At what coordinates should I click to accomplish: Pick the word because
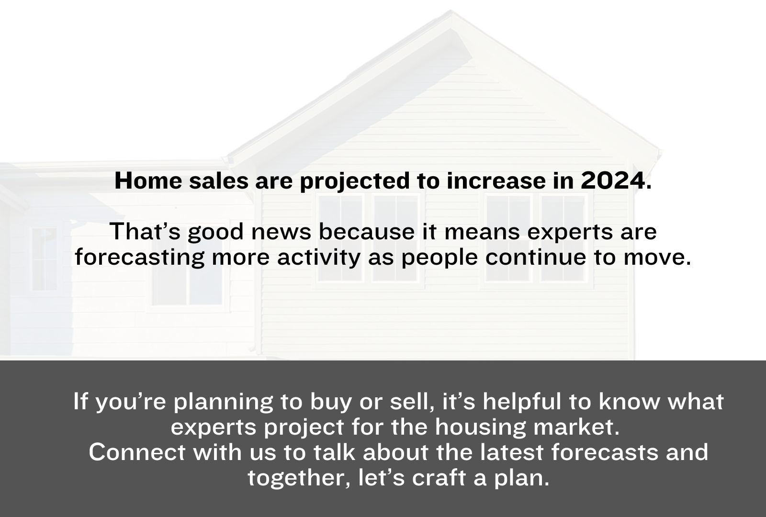tap(367, 232)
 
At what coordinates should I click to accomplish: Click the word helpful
tap(522, 403)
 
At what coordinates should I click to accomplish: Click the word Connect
tap(137, 452)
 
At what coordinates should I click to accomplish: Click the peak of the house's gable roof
tap(451, 11)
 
